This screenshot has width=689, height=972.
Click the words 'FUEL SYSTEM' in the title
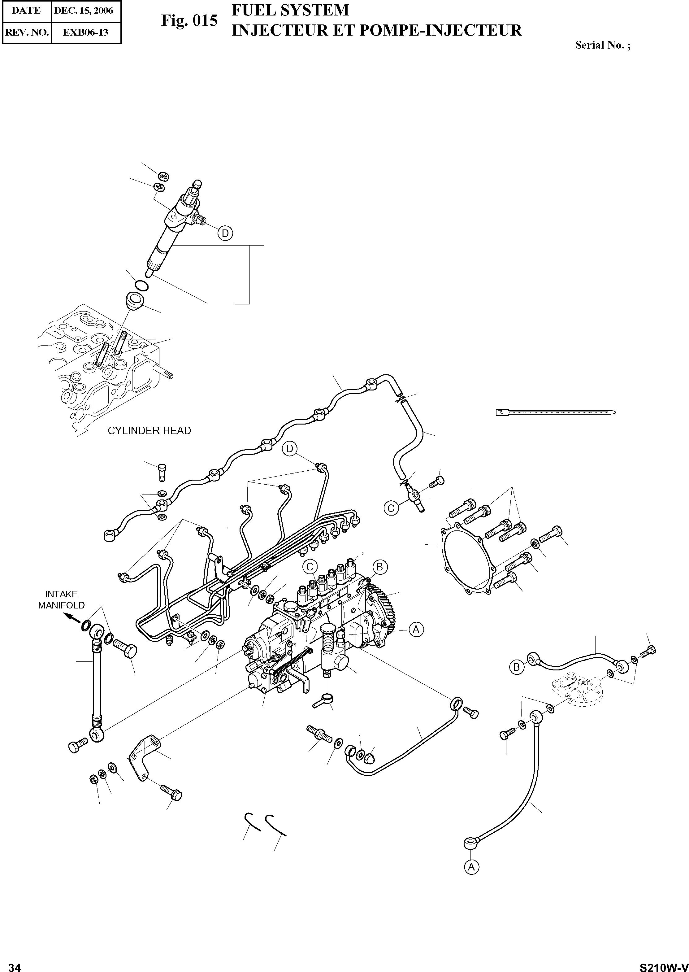click(x=290, y=10)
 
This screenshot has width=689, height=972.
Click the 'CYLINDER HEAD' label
click(x=149, y=430)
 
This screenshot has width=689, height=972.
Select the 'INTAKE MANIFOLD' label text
click(x=62, y=600)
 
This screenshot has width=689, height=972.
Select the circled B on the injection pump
click(x=380, y=567)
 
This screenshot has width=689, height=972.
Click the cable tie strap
click(x=556, y=412)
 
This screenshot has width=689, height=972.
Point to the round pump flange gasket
click(x=467, y=560)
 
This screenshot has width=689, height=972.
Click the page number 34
click(x=15, y=964)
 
